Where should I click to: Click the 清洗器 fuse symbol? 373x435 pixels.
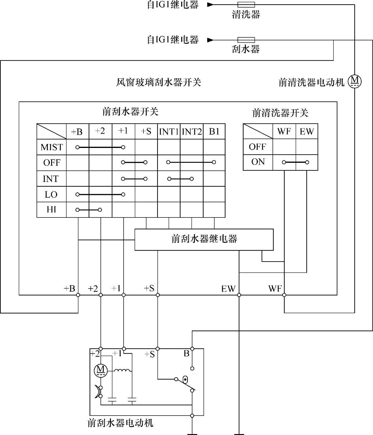(246, 5)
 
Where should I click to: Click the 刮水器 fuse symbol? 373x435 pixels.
(246, 40)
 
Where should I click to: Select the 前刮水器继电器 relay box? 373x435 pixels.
(204, 239)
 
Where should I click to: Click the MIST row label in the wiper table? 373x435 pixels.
(51, 147)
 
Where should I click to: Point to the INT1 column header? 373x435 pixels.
(169, 132)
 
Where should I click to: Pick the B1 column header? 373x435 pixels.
(214, 132)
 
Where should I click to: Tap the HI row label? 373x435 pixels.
(51, 210)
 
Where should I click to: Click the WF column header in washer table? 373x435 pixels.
(284, 132)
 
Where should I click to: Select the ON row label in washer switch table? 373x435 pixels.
(258, 162)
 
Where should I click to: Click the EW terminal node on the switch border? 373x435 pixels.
(239, 295)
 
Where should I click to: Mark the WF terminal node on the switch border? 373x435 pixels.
(284, 295)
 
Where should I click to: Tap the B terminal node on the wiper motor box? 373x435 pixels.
(192, 348)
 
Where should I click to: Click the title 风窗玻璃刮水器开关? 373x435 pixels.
(159, 82)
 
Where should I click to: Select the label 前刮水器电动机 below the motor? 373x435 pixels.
(120, 423)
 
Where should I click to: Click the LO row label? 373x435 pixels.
(51, 194)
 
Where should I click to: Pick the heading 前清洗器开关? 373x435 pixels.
(280, 113)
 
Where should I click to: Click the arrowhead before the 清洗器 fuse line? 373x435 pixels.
(210, 5)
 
